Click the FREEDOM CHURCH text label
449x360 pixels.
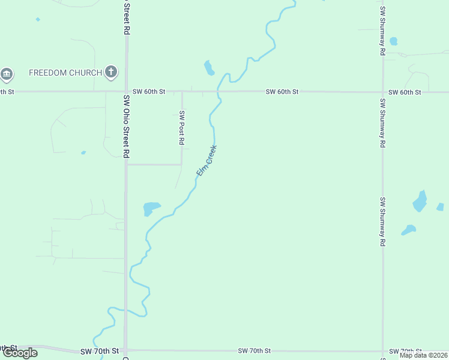(x=65, y=73)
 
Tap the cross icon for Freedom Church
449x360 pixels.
(x=110, y=73)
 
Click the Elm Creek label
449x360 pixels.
(x=206, y=161)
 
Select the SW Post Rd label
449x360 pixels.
(x=181, y=128)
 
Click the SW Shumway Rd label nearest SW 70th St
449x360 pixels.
(x=382, y=222)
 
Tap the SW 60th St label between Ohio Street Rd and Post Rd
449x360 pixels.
(x=149, y=91)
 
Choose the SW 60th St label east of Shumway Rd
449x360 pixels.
(x=405, y=92)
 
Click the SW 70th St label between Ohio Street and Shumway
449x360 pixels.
(x=255, y=350)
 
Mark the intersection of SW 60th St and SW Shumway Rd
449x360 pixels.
(x=382, y=92)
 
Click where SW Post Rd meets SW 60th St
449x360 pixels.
(x=182, y=92)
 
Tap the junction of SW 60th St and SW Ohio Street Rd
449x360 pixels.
(x=126, y=92)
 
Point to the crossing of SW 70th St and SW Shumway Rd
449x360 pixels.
(x=382, y=351)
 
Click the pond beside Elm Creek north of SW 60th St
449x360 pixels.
(x=209, y=68)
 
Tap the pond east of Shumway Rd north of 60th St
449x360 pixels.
(x=393, y=41)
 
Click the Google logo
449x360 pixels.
(x=20, y=353)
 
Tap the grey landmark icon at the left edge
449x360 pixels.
(x=7, y=74)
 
